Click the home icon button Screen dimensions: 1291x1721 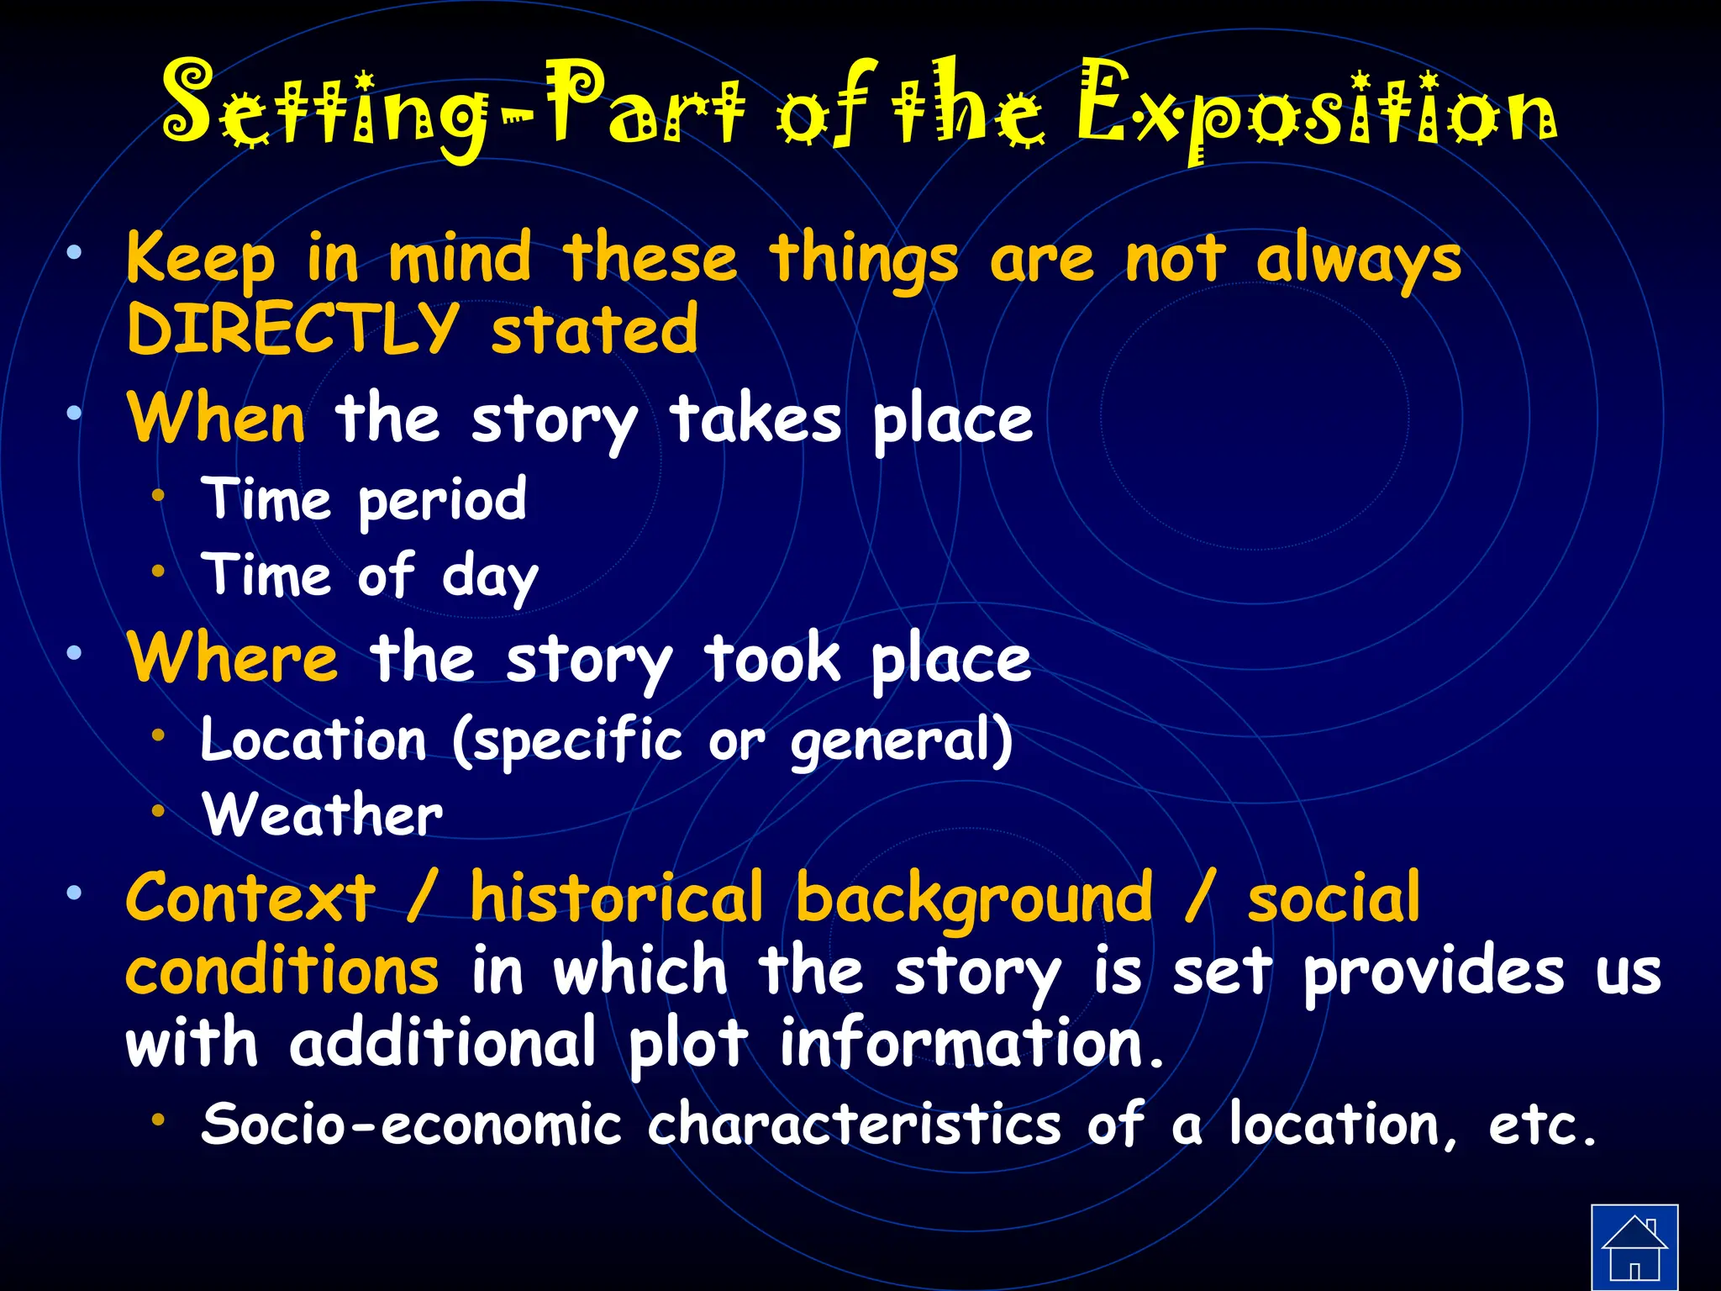point(1634,1246)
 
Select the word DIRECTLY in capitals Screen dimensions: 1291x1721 point(292,329)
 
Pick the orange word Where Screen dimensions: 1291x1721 point(233,658)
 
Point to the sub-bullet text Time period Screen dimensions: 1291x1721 point(364,500)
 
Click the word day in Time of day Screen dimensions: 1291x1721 point(490,577)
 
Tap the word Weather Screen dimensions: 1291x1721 point(322,815)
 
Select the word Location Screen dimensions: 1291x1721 point(313,740)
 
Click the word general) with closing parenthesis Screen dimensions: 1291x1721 point(902,742)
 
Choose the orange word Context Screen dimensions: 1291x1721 point(250,898)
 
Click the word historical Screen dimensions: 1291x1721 point(616,898)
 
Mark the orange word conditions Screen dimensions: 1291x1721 point(282,972)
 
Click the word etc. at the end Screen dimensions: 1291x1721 point(1542,1126)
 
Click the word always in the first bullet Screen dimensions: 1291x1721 point(1359,261)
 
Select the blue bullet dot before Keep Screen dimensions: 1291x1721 point(75,251)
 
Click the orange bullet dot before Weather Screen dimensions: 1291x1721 point(158,811)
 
